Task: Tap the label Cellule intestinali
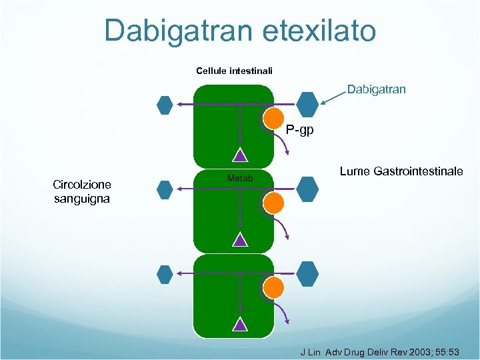[234, 71]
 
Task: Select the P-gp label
[299, 130]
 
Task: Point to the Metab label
[240, 178]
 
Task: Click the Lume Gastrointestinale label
[401, 171]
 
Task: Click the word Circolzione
[82, 185]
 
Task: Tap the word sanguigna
[82, 199]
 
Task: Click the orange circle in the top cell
[273, 118]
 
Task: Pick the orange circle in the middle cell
[273, 203]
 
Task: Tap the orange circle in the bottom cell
[273, 287]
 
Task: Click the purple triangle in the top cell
[240, 155]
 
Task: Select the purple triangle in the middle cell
[240, 240]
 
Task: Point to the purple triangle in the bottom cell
[240, 325]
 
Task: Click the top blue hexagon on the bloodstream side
[165, 105]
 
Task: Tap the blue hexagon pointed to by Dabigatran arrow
[307, 104]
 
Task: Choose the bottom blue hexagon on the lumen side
[307, 273]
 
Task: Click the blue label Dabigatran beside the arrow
[376, 89]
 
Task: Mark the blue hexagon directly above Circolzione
[165, 105]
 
